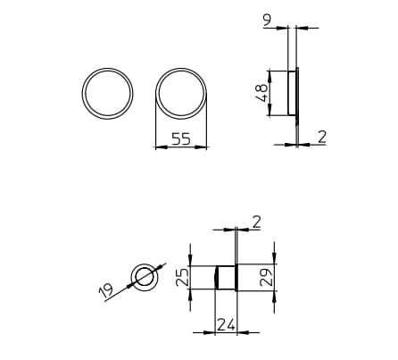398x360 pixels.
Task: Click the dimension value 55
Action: pos(181,139)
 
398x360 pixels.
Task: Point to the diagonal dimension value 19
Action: pos(106,289)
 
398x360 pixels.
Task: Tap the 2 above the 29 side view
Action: pos(256,221)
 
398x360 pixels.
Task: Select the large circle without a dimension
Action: pos(107,92)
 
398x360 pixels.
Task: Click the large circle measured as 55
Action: pos(181,92)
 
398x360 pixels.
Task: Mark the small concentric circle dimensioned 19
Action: pos(143,277)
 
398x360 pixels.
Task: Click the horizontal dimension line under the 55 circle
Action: pos(181,148)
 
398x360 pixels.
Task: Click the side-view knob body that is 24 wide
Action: pos(225,277)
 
